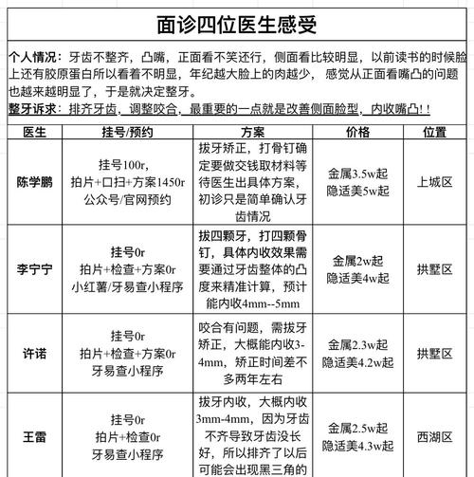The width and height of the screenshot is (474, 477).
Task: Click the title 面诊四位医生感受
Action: pos(236,22)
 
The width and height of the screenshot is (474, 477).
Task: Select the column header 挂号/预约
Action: pos(127,132)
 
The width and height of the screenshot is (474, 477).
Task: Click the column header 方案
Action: pos(252,132)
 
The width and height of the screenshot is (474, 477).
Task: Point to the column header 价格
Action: pos(358,132)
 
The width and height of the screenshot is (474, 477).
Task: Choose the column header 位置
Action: pos(435,132)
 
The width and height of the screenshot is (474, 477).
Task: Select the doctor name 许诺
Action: pos(34,354)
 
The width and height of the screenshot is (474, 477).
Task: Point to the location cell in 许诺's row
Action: pos(435,354)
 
